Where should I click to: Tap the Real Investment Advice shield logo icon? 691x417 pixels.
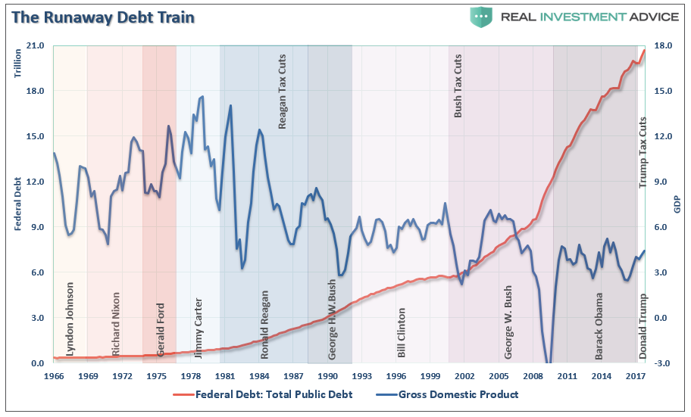(x=480, y=17)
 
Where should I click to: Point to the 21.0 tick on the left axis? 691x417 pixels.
(x=36, y=46)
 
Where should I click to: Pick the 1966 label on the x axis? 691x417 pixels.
(x=54, y=376)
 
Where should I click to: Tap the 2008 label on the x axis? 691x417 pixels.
(x=534, y=376)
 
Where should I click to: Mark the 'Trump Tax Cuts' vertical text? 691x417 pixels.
(x=643, y=151)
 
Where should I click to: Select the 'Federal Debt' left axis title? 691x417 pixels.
(x=17, y=205)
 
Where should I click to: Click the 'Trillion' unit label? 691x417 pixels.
(x=17, y=63)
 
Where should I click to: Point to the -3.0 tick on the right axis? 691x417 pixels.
(x=661, y=364)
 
